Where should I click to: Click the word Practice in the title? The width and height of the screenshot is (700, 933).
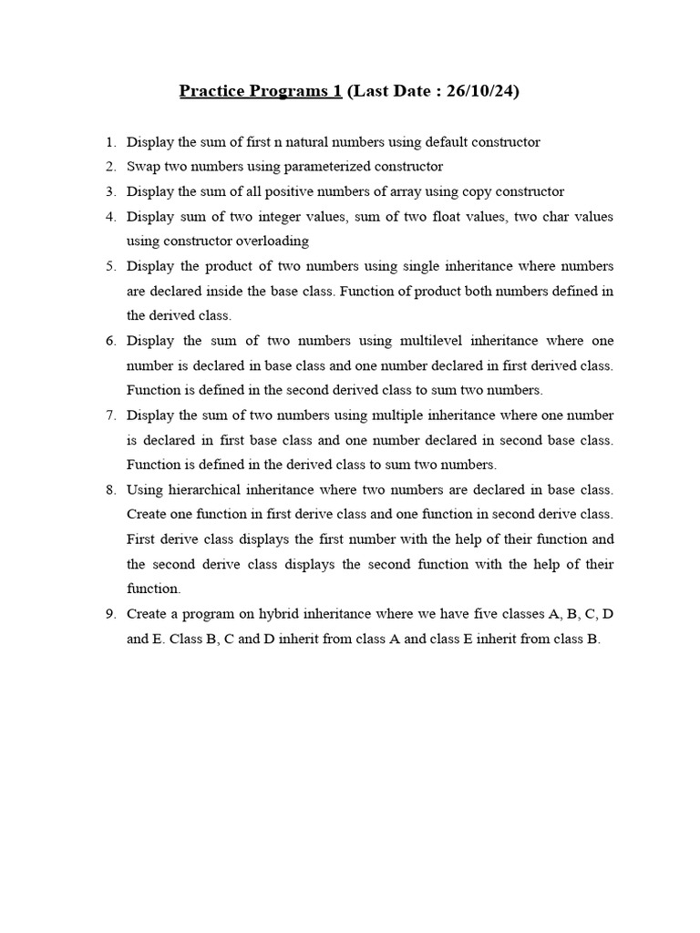click(210, 91)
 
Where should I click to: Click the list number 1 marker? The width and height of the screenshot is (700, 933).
click(110, 142)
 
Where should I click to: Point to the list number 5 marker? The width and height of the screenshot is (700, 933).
click(110, 266)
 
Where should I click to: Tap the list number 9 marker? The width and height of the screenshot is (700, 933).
click(110, 613)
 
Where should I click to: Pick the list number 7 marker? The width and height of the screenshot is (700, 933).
click(110, 415)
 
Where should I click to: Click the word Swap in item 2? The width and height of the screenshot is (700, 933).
click(142, 167)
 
